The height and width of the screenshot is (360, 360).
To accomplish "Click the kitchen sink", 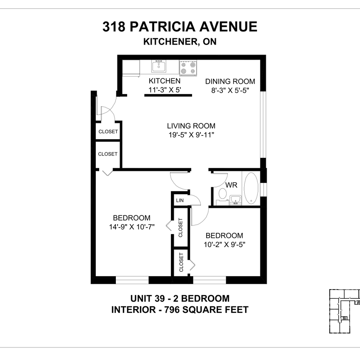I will (x=158, y=67).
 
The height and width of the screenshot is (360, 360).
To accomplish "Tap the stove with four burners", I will (x=188, y=67).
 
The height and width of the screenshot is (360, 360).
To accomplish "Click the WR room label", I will (x=231, y=185).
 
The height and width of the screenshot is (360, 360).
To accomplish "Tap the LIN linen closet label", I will (x=180, y=200).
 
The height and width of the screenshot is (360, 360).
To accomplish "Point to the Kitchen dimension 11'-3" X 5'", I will (x=165, y=89).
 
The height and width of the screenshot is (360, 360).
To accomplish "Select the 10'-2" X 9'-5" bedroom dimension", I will (x=224, y=245).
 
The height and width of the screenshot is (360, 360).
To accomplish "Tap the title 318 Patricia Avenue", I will (x=180, y=27).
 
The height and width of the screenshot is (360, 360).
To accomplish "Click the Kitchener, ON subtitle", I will (x=180, y=42).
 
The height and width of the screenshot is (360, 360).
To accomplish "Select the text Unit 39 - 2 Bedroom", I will (x=180, y=298).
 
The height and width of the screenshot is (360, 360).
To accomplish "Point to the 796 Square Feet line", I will (x=180, y=310).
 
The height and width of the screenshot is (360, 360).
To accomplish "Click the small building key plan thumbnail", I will (x=344, y=310).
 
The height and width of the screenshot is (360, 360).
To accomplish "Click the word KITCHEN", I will (x=165, y=81).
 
